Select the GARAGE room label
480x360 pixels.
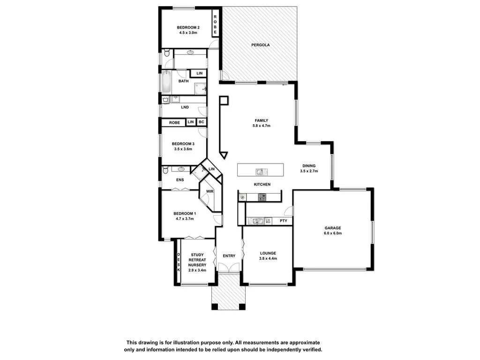coord(333,228)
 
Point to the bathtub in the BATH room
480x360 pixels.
coord(166,82)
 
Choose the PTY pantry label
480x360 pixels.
coord(283,220)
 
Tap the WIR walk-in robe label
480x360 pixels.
coord(210,191)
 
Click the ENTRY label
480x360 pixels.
coord(229,256)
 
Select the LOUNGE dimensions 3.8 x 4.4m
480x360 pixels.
coord(268,258)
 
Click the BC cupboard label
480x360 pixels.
coord(201,122)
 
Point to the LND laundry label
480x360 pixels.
coord(185,107)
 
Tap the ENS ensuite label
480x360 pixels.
coord(180,180)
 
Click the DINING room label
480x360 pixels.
coord(309,165)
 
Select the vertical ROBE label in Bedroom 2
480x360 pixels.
coord(215,24)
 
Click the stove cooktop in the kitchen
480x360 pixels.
coord(262,197)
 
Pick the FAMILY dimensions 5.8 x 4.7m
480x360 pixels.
coord(262,126)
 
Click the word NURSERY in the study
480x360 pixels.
coord(197,264)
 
